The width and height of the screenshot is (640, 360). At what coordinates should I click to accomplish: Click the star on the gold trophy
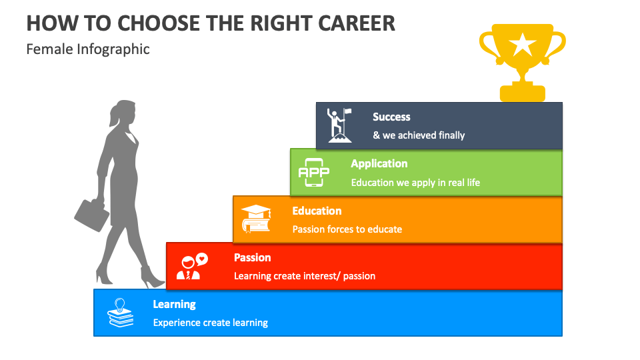point(522,45)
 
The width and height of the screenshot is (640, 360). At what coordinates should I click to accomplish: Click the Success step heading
point(391,117)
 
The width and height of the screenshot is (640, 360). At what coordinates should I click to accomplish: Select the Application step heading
point(379,163)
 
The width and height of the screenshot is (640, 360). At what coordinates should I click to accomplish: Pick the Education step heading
point(317,211)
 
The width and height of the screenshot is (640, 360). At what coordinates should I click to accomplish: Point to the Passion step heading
point(252,257)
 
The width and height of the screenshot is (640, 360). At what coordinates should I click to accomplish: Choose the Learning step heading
point(174,304)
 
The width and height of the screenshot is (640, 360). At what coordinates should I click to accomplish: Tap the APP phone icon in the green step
point(313,172)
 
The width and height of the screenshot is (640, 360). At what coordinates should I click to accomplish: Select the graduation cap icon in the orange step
point(256,219)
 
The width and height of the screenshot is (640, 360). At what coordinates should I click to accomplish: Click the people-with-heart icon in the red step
point(191,266)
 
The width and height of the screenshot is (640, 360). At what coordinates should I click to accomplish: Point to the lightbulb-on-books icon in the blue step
point(121,313)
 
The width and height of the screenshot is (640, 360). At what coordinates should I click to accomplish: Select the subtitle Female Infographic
point(88,49)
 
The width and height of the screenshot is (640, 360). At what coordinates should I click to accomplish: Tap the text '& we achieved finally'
point(419,135)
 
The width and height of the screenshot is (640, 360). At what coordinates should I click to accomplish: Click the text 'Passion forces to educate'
point(347,229)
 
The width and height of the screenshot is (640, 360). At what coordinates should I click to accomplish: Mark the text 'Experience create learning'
point(210,323)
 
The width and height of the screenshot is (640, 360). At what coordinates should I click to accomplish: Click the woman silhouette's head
point(124,113)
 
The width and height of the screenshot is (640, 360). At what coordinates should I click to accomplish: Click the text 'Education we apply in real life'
point(415,182)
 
